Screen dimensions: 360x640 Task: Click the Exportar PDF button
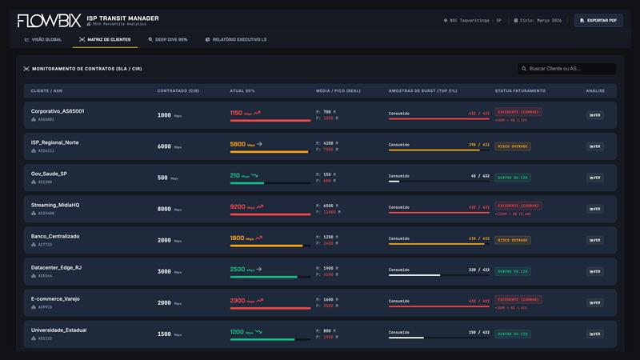[x=598, y=20]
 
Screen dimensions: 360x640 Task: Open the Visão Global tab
[x=43, y=39]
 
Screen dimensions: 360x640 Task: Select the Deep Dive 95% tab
[x=168, y=39]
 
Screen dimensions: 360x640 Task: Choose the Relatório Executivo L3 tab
[x=236, y=39]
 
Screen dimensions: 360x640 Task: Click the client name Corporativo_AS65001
[x=58, y=111]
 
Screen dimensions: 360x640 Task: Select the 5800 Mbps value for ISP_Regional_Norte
[x=238, y=144]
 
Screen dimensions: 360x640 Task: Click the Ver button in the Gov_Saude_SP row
[x=594, y=178]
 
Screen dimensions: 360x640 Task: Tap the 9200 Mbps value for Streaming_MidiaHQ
[x=238, y=206]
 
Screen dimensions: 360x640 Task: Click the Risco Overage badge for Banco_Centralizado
[x=513, y=240]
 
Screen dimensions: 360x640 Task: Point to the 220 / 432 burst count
[x=478, y=270]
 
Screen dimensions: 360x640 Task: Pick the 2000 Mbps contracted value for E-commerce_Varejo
[x=164, y=303]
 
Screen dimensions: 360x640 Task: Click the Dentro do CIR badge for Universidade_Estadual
[x=513, y=334]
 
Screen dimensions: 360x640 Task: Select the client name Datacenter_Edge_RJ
[x=57, y=267]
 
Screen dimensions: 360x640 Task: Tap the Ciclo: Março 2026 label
[x=539, y=20]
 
